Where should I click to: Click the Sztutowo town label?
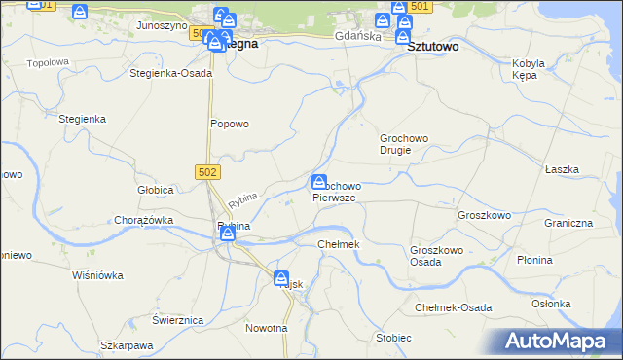[433, 46]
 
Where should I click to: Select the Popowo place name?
[231, 124]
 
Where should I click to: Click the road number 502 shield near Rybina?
[208, 171]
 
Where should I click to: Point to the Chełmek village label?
[340, 243]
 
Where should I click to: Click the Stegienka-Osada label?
[170, 73]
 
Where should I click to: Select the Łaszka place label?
[563, 169]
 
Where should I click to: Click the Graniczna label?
[568, 222]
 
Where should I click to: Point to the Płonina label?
[562, 260]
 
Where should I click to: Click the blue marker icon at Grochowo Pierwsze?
[319, 182]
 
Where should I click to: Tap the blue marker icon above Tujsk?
[282, 278]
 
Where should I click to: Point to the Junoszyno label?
[162, 25]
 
